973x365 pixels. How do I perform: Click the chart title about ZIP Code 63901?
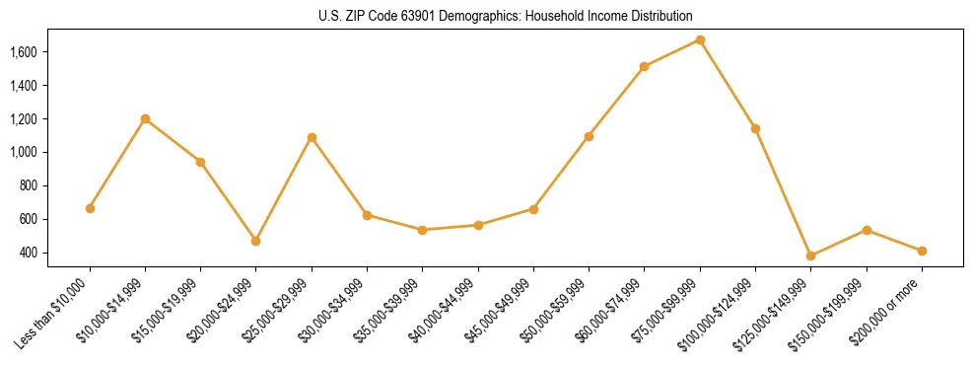[505, 16]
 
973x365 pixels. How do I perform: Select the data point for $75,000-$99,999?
[700, 39]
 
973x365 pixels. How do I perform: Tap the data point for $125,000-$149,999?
[810, 255]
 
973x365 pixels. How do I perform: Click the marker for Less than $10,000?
[90, 208]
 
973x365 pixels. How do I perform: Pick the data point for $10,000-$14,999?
[145, 118]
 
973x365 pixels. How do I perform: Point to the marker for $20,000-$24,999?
[256, 241]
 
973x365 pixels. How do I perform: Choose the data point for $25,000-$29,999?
[312, 137]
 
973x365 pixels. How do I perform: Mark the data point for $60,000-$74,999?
[644, 66]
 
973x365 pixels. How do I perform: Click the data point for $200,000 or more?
[922, 251]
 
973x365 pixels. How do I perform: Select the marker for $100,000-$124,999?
[755, 128]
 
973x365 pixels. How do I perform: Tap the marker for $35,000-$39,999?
[422, 230]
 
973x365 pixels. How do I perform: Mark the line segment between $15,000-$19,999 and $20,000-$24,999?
[229, 201]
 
